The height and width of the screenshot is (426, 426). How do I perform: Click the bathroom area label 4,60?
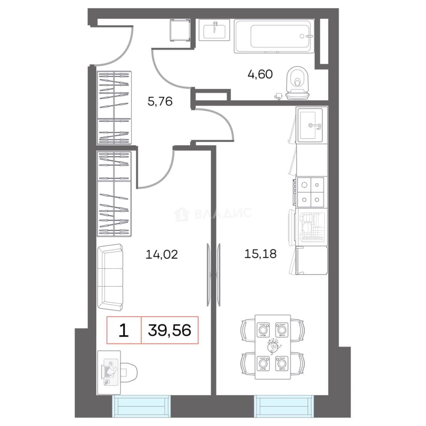coord(260,74)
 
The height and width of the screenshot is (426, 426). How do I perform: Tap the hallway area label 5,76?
coord(160,101)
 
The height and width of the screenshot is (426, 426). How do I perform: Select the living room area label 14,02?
coord(162,254)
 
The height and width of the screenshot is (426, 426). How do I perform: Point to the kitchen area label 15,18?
coord(260,254)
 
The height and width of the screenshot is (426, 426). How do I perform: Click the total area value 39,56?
coord(170,330)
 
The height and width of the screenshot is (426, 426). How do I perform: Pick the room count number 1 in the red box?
coord(123,331)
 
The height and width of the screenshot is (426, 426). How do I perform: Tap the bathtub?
coord(274,36)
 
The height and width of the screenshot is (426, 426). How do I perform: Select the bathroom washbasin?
coord(214,30)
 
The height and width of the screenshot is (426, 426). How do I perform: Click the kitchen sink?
coord(310,125)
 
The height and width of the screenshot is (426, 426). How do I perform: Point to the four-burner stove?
coord(310,192)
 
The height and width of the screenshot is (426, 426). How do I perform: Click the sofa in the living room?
coord(110,277)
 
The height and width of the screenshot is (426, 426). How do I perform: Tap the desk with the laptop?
coord(109,372)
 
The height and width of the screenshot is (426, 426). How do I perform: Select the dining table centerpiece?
coord(273,346)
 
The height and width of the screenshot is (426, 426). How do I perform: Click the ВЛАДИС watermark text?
coord(223,213)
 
